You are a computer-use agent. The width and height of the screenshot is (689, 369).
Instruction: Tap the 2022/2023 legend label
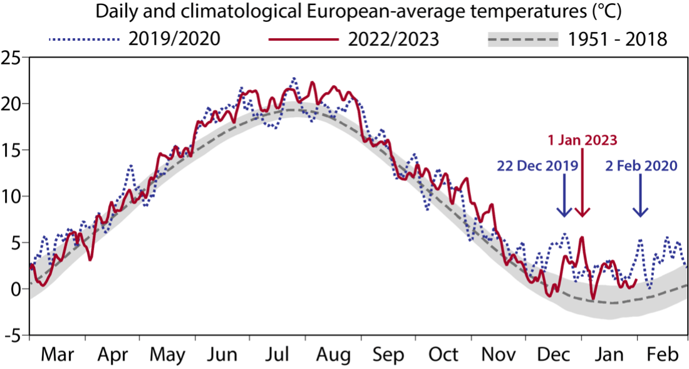pyautogui.click(x=393, y=39)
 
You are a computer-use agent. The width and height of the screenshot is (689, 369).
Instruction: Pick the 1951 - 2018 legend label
pyautogui.click(x=618, y=39)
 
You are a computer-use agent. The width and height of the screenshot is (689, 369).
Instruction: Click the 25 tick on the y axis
pyautogui.click(x=12, y=57)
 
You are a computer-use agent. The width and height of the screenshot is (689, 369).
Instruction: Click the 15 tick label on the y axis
pyautogui.click(x=12, y=150)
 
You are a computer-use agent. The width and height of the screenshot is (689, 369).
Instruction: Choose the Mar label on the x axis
pyautogui.click(x=58, y=355)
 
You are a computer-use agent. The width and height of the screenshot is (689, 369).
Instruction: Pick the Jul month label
pyautogui.click(x=277, y=355)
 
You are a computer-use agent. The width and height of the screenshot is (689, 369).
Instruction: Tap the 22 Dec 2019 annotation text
pyautogui.click(x=537, y=166)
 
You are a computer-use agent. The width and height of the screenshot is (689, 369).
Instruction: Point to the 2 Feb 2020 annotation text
pyautogui.click(x=641, y=166)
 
